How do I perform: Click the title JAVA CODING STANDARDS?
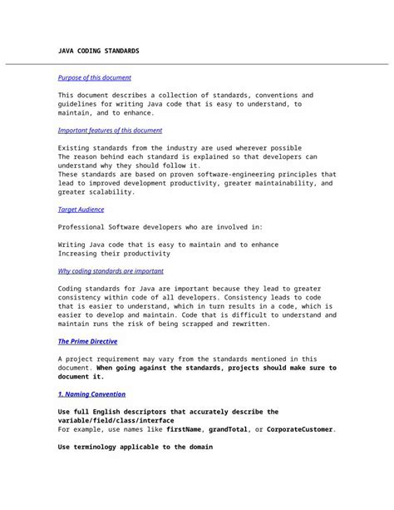coord(98,51)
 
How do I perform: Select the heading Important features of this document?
coord(110,131)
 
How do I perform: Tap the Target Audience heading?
coord(81,210)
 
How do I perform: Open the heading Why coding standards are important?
coord(111,270)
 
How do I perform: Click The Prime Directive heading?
coord(87,341)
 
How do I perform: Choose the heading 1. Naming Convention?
coord(91,394)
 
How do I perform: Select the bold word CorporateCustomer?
coord(300,429)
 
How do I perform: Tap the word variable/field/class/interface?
coord(115,420)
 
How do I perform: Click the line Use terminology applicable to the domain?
coord(135,447)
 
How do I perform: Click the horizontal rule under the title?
coord(197,64)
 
